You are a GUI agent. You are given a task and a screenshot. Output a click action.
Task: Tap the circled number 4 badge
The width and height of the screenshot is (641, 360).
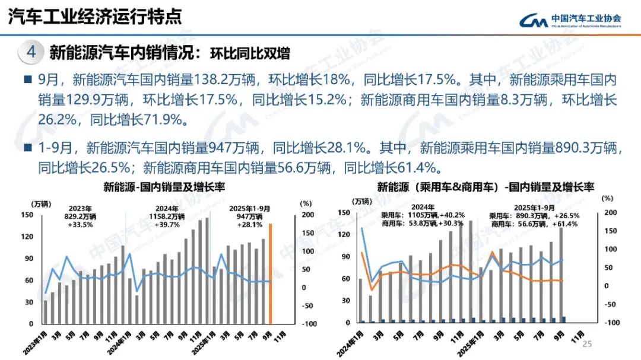pyautogui.click(x=31, y=52)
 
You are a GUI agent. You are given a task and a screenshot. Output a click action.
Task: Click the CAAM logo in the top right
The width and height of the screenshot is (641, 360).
pyautogui.click(x=570, y=21)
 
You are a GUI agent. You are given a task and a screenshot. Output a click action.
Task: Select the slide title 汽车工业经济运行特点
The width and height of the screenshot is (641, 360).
pyautogui.click(x=95, y=17)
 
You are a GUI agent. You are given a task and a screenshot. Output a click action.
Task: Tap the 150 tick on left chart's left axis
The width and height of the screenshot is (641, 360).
pyautogui.click(x=28, y=215)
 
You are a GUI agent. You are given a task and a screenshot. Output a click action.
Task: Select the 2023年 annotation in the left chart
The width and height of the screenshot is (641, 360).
pyautogui.click(x=81, y=209)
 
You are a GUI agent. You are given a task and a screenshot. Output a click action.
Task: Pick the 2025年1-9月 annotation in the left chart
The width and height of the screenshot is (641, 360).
pyautogui.click(x=249, y=209)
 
